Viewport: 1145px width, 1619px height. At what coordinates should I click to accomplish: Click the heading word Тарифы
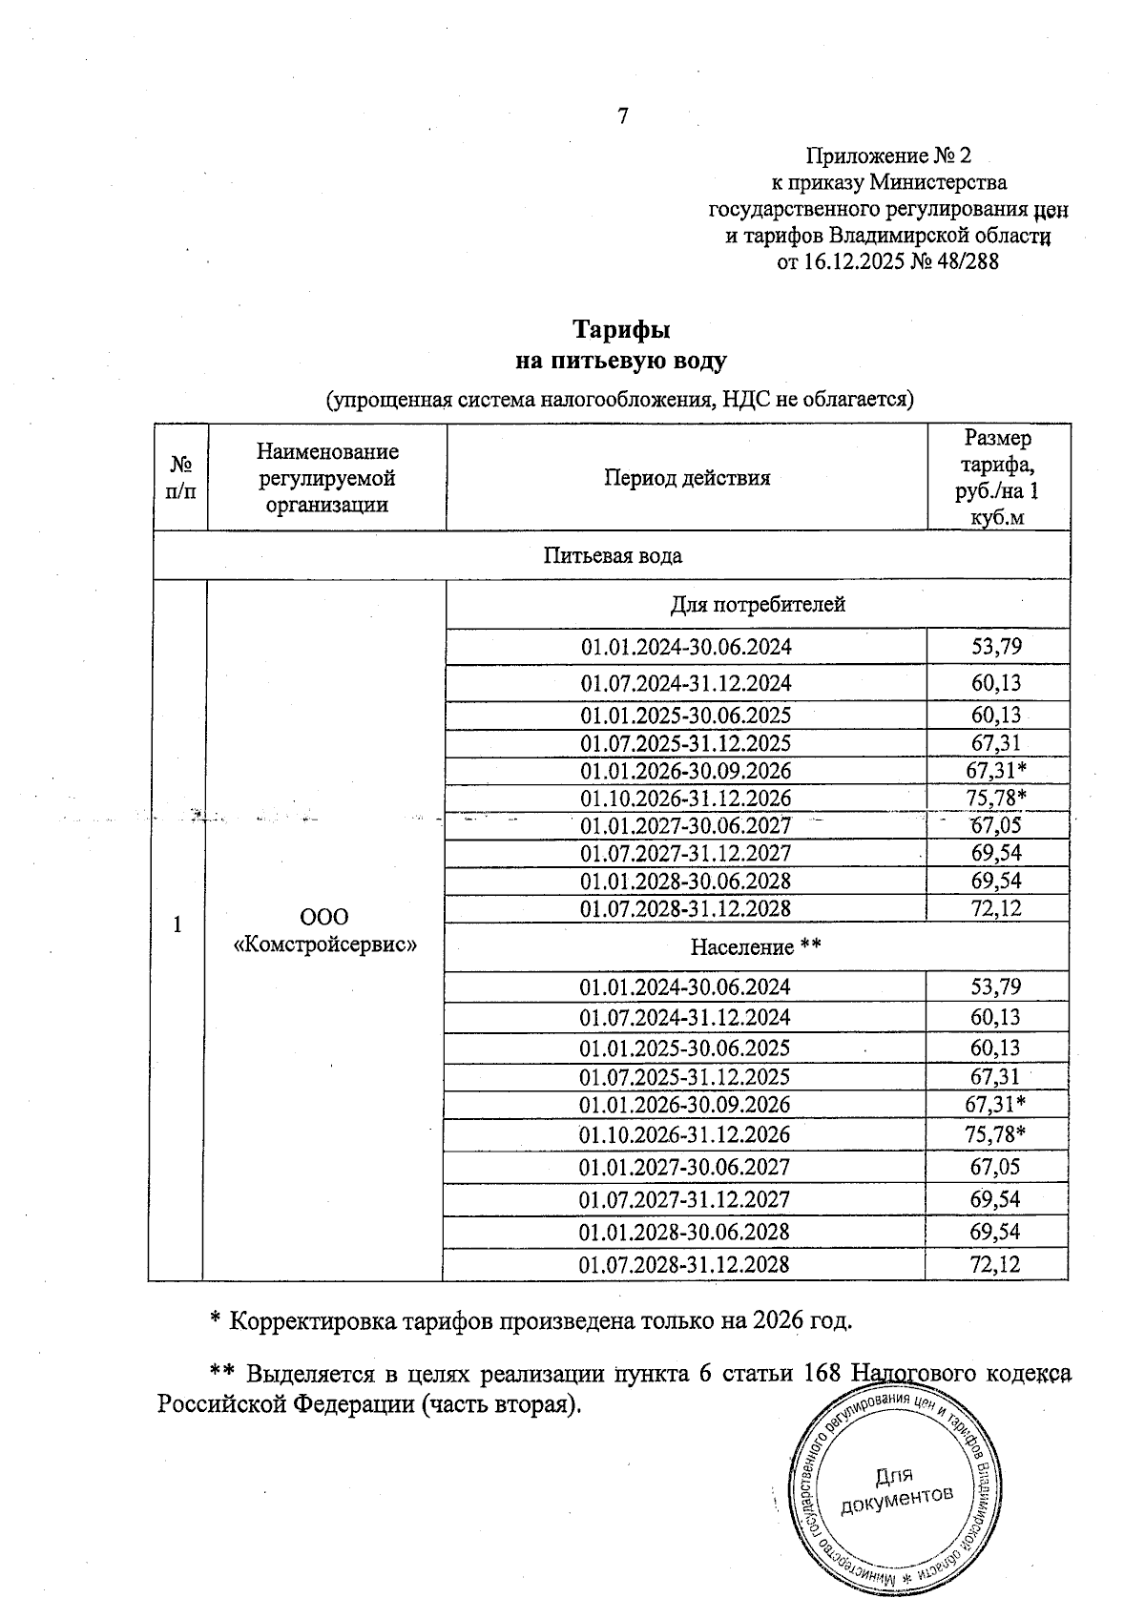click(621, 330)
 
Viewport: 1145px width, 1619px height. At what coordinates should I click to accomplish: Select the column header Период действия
click(686, 478)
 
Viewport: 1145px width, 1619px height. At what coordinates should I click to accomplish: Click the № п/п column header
click(180, 478)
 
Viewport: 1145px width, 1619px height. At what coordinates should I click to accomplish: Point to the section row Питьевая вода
click(612, 555)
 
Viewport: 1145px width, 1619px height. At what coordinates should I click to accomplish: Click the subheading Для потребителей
click(757, 604)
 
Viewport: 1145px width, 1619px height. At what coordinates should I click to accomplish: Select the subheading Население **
click(756, 946)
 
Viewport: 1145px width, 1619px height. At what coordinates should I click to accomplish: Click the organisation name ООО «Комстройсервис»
click(324, 930)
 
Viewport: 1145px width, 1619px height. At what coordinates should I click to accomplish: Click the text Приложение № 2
click(888, 155)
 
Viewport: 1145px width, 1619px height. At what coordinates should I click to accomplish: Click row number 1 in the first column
click(177, 924)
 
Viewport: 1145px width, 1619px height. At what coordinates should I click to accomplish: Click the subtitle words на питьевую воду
click(621, 362)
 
